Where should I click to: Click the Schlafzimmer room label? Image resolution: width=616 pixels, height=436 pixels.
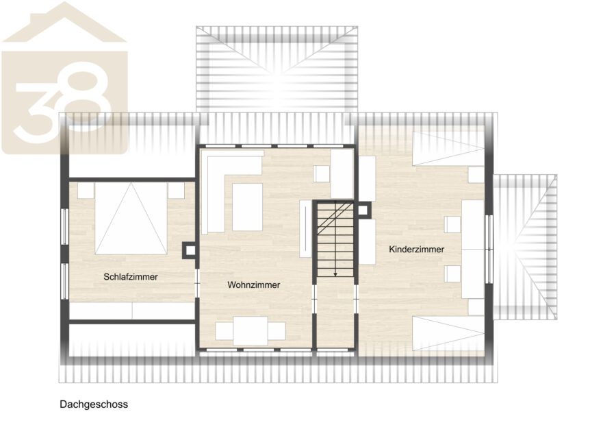click(x=131, y=277)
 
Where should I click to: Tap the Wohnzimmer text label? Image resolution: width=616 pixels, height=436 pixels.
click(x=253, y=284)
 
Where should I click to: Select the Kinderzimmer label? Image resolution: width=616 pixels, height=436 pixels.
click(x=416, y=249)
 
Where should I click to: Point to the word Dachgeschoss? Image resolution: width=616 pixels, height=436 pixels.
click(x=94, y=404)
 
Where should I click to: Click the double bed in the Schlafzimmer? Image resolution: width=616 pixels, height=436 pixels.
click(x=131, y=219)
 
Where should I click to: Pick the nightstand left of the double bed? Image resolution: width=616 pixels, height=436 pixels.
click(x=86, y=191)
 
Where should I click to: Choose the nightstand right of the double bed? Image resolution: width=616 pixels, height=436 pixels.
click(x=177, y=191)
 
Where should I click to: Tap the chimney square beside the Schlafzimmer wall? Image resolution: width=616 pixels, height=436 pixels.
click(x=190, y=250)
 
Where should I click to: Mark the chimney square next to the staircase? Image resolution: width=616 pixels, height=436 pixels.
click(x=363, y=209)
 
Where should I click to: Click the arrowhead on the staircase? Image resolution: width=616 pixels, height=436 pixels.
click(x=335, y=274)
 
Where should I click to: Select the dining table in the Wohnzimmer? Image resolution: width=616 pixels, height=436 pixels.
click(x=251, y=331)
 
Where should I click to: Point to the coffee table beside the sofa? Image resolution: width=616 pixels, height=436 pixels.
click(x=247, y=207)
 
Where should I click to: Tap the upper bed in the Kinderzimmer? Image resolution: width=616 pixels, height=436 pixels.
click(x=448, y=149)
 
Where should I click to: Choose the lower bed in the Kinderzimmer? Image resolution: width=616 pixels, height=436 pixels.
click(x=448, y=333)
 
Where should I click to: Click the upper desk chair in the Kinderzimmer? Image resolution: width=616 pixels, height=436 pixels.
click(x=452, y=224)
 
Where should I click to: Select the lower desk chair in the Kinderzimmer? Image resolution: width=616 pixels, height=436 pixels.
click(x=452, y=274)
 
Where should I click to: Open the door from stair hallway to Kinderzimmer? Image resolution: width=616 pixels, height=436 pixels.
click(x=356, y=300)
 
